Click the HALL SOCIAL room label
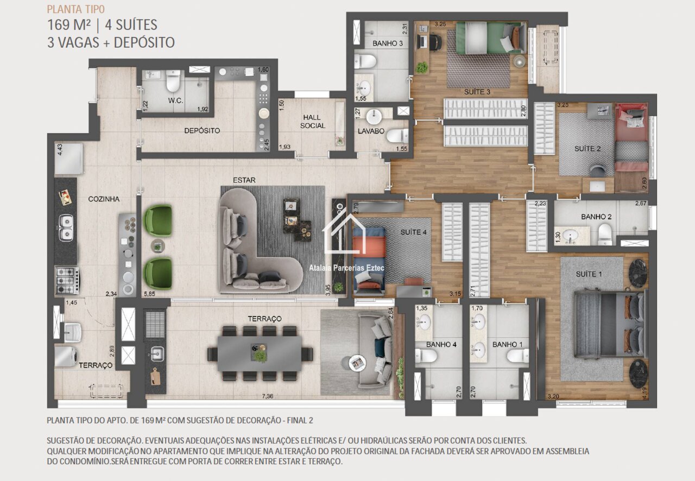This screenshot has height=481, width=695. click(x=312, y=122)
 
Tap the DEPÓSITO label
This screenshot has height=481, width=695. click(x=202, y=131)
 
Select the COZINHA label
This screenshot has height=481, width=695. click(x=104, y=199)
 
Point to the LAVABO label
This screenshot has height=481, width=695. click(x=371, y=131)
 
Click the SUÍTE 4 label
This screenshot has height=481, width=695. click(x=413, y=232)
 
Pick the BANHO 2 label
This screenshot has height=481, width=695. click(x=596, y=217)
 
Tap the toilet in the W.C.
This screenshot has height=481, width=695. click(x=173, y=81)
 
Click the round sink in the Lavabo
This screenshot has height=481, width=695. click(x=375, y=117)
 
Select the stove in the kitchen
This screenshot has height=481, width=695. click(x=67, y=281)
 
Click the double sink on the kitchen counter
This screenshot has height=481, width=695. click(x=66, y=228)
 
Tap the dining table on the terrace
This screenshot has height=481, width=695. click(x=260, y=353)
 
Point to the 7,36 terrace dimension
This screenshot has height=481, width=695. click(x=268, y=396)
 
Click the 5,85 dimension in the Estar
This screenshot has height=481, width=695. click(x=149, y=294)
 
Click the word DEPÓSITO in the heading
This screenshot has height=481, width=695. click(x=144, y=42)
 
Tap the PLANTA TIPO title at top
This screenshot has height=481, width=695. click(x=75, y=9)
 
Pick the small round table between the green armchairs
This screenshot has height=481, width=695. click(x=158, y=246)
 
